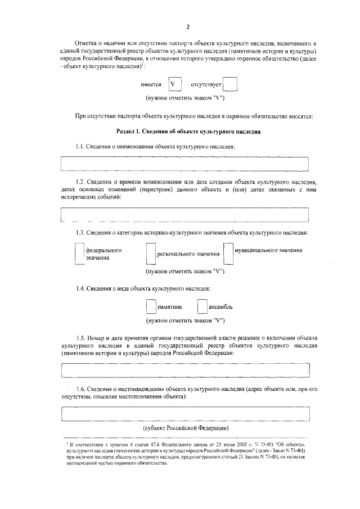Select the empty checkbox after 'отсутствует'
tap(230, 84)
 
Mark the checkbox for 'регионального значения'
tap(150, 253)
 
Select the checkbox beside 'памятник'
tap(150, 307)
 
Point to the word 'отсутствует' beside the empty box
tap(206, 85)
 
